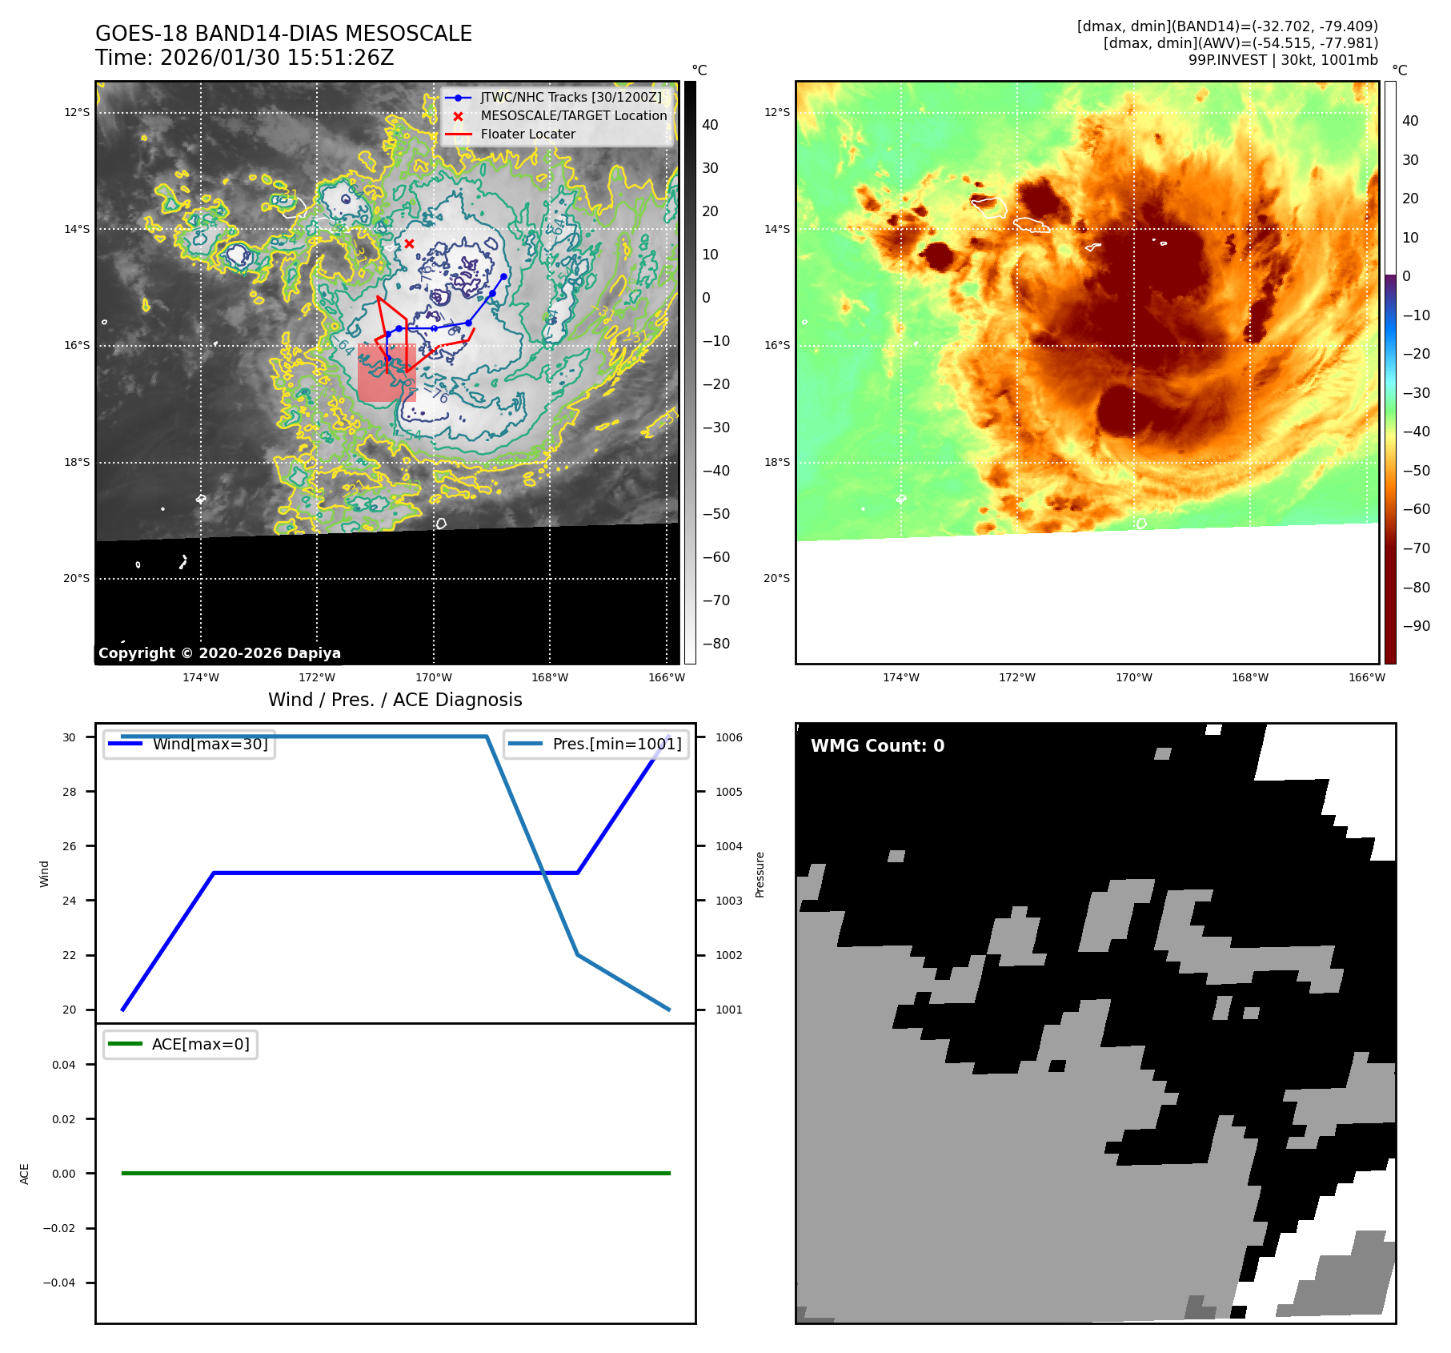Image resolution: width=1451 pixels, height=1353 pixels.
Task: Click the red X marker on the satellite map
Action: [409, 243]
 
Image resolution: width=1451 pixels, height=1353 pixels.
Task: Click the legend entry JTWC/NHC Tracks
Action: [571, 97]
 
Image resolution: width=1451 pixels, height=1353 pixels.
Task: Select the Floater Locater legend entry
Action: [527, 134]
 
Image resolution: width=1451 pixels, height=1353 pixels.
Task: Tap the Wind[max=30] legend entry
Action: [210, 744]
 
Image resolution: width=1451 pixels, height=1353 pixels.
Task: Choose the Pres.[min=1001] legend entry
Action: [616, 744]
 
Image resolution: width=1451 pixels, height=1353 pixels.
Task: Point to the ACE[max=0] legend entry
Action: [200, 1044]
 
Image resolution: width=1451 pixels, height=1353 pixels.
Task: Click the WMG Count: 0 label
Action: [877, 745]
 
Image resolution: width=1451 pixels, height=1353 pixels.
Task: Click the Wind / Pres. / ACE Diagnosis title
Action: [395, 700]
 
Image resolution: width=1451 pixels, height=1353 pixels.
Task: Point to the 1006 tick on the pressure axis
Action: [728, 737]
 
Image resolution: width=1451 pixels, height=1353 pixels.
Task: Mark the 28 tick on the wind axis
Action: [70, 792]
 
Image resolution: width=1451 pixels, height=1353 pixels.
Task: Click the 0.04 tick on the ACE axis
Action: [64, 1065]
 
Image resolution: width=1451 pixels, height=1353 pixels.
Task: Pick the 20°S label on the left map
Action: [77, 578]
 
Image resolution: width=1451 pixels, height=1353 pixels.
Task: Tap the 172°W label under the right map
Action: [1016, 677]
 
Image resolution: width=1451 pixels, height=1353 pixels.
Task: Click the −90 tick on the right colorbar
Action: [1415, 626]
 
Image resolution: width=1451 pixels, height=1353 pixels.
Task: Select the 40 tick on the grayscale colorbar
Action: [710, 125]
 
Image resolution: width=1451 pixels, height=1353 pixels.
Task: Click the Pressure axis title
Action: [760, 874]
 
